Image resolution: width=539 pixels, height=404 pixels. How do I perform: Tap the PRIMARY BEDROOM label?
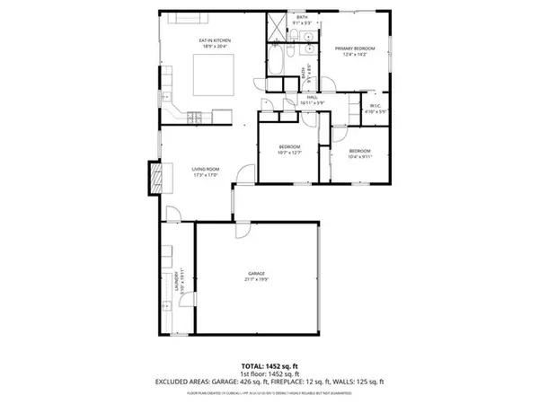pyautogui.click(x=355, y=48)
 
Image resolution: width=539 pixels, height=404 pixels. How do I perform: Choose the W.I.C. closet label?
pyautogui.click(x=376, y=108)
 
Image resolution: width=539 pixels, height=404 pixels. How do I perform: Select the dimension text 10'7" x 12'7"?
pyautogui.click(x=289, y=152)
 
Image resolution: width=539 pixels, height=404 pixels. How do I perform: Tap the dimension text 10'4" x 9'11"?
pyautogui.click(x=359, y=155)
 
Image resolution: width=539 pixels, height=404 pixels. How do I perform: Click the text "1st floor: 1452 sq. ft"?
pyautogui.click(x=269, y=373)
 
